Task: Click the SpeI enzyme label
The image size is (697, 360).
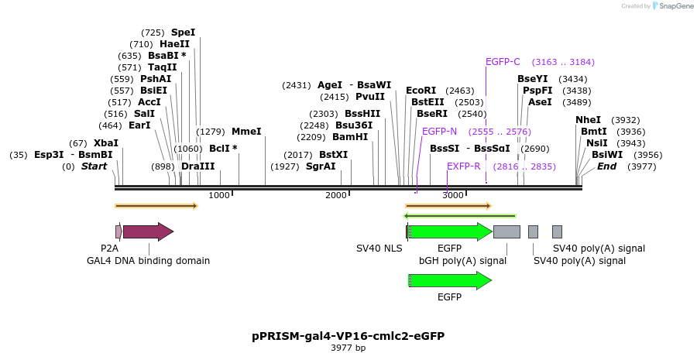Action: [x=183, y=33]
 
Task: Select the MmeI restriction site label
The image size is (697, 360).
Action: [x=246, y=132]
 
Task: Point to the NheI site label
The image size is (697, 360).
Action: [x=588, y=120]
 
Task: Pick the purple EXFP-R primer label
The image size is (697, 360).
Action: [x=463, y=166]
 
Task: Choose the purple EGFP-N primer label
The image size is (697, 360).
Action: [x=439, y=132]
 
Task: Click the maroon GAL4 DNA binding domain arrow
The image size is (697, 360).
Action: [x=148, y=231]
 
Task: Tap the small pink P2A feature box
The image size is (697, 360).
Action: [x=118, y=231]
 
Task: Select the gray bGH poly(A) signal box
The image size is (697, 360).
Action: [x=506, y=231]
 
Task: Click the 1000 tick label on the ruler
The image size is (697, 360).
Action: [x=219, y=195]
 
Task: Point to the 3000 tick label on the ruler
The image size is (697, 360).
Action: [x=453, y=195]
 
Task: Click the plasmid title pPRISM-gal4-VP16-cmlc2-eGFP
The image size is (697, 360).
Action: [x=348, y=336]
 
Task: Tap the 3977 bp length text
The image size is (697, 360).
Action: [x=348, y=348]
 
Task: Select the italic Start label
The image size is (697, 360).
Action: [x=94, y=166]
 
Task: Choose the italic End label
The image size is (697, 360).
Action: [x=606, y=166]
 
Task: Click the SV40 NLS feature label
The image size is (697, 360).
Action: [x=379, y=249]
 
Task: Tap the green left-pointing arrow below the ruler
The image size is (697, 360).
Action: [x=460, y=215]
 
